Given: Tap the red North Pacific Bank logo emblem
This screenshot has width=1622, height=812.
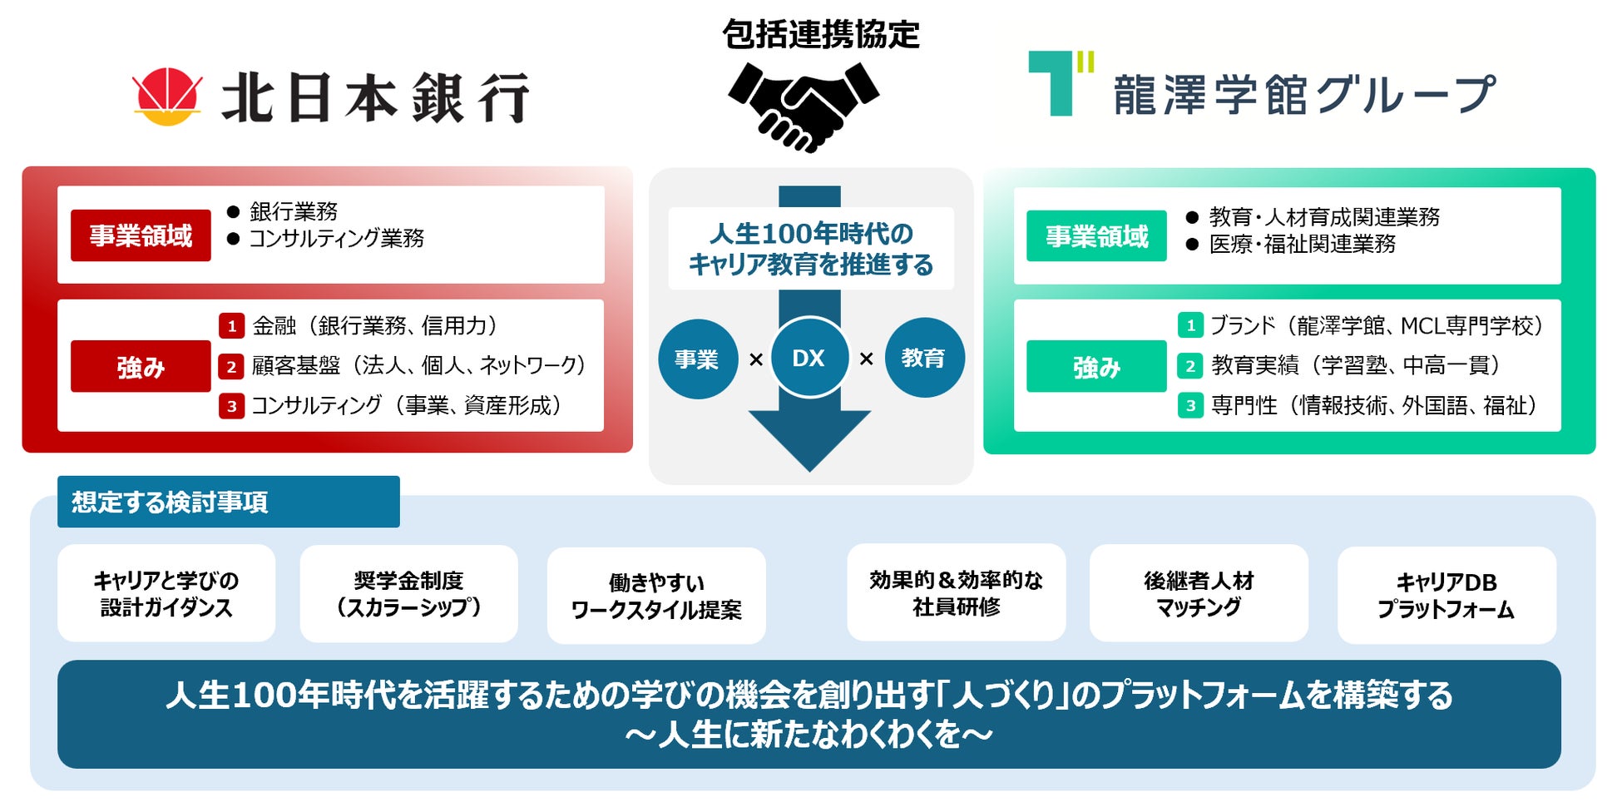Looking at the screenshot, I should (168, 97).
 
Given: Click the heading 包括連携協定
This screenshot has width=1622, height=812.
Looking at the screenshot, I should (820, 35).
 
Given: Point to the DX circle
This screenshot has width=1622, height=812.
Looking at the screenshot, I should (809, 358).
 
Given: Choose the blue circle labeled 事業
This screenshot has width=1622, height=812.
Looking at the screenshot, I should (697, 359).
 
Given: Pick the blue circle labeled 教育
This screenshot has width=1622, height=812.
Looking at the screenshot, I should (923, 358).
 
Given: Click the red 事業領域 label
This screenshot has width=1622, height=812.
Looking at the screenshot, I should (141, 235).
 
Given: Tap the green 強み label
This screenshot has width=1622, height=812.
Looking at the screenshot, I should (1096, 366).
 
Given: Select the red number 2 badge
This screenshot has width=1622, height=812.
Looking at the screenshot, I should (231, 366).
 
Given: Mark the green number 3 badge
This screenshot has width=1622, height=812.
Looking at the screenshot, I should (1190, 406).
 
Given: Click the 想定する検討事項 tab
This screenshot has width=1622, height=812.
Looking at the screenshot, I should (228, 502).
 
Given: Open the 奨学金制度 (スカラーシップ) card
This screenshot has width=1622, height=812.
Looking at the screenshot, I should (408, 593).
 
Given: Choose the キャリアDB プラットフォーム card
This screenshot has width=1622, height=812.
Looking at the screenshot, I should (1446, 595).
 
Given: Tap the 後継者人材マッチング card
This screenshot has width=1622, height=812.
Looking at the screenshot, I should (1199, 593).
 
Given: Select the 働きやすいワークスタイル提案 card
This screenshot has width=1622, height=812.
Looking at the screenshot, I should (656, 596).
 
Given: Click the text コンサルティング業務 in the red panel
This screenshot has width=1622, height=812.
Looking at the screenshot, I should (337, 239).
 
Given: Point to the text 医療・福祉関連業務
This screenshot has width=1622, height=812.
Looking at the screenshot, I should (1302, 244).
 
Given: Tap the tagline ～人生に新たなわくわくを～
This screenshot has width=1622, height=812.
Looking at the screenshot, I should (809, 735).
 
